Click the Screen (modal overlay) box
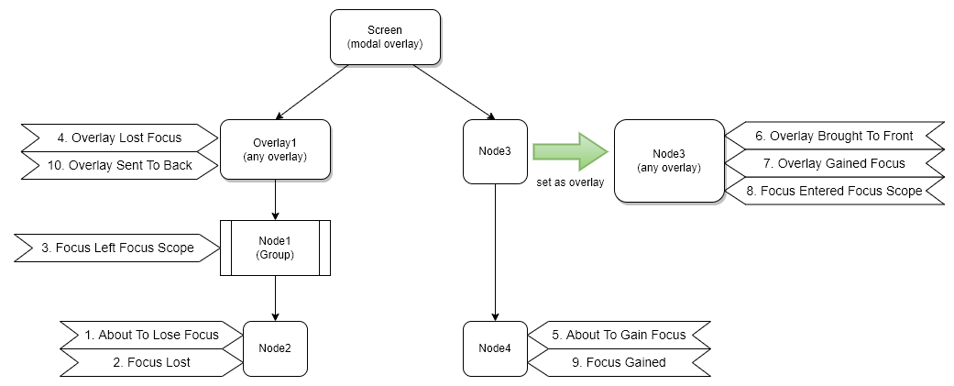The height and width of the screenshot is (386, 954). click(385, 37)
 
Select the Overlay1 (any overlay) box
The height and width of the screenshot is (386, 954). click(275, 150)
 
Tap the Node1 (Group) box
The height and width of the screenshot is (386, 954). click(275, 248)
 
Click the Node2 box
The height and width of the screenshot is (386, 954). click(275, 348)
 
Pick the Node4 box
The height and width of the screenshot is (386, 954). click(495, 348)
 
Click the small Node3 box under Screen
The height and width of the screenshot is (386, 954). click(495, 150)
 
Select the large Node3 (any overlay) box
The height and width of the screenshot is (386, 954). click(668, 161)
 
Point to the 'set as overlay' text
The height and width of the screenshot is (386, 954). click(570, 182)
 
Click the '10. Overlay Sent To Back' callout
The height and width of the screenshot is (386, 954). click(119, 165)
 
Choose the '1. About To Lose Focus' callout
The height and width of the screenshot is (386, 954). click(151, 335)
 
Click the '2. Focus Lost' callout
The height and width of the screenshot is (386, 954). click(151, 362)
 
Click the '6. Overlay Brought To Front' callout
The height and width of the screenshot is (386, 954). click(834, 136)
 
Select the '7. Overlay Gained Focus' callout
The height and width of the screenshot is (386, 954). click(834, 163)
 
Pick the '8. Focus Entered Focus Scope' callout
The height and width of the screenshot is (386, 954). click(834, 191)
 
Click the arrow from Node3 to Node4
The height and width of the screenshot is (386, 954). click(495, 248)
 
